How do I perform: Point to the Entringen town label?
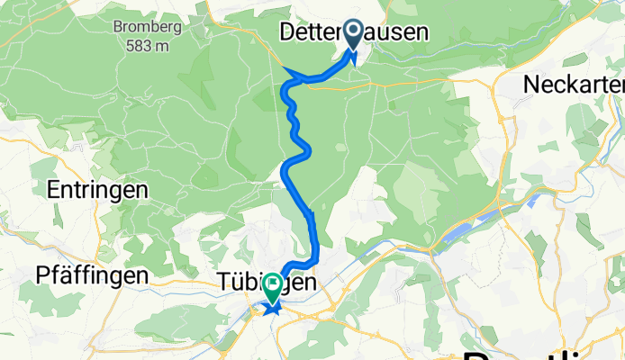click(x=96, y=191)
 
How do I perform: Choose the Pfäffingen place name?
click(x=92, y=274)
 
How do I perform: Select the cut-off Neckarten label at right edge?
click(x=574, y=84)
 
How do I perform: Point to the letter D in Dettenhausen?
click(x=288, y=33)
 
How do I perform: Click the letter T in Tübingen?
click(x=223, y=282)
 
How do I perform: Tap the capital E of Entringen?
click(x=52, y=191)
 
